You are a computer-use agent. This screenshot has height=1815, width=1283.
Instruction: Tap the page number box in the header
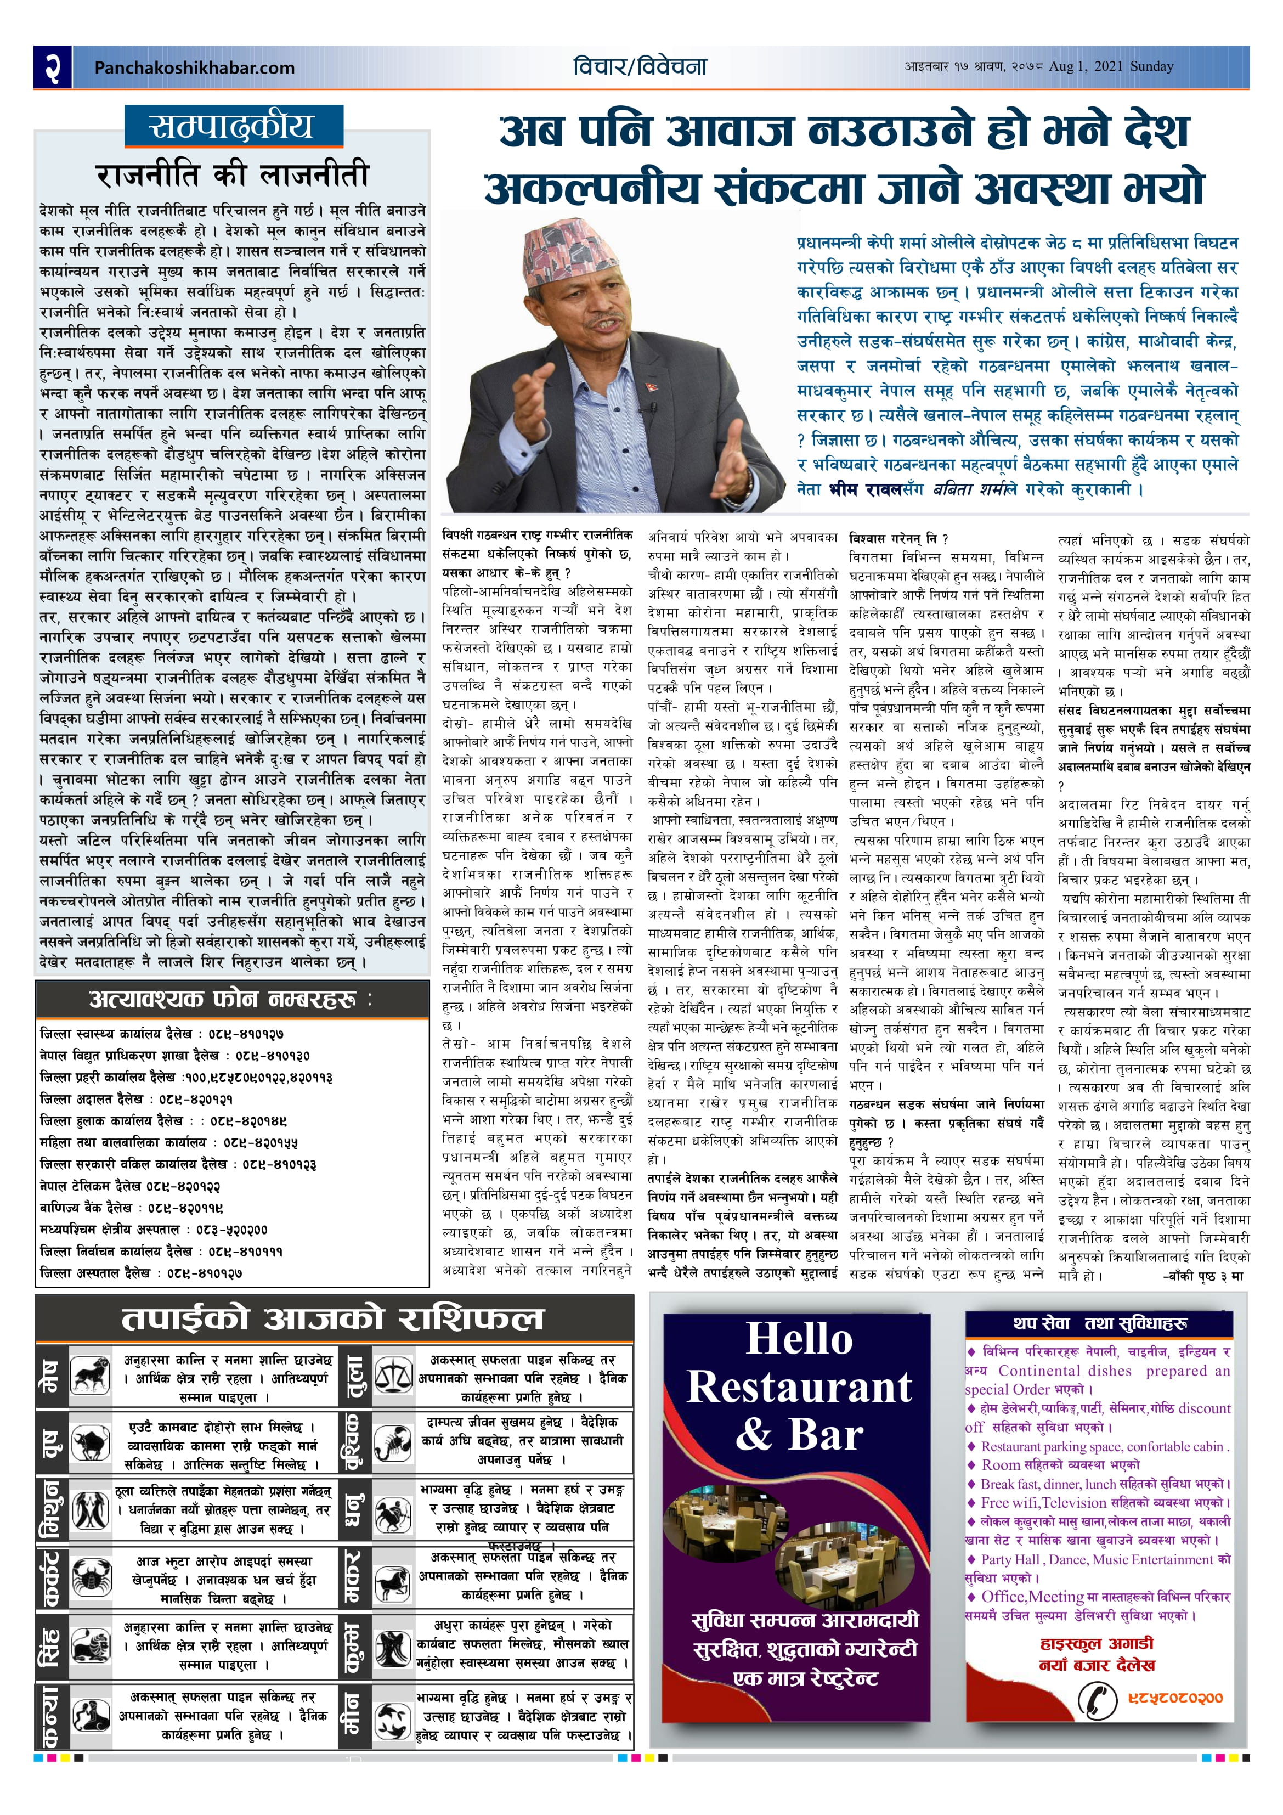coord(52,67)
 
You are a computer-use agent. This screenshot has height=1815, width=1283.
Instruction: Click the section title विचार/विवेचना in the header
coord(640,66)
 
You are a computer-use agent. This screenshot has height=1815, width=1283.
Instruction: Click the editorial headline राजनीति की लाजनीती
coord(233,174)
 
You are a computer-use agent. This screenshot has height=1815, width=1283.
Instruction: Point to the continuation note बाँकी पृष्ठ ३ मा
coord(1203,1276)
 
